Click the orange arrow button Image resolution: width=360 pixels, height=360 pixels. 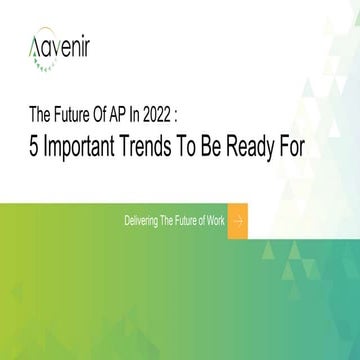coord(237,220)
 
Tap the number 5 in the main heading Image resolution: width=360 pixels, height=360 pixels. coord(36,145)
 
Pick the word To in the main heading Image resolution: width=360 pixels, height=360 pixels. coord(207,145)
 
